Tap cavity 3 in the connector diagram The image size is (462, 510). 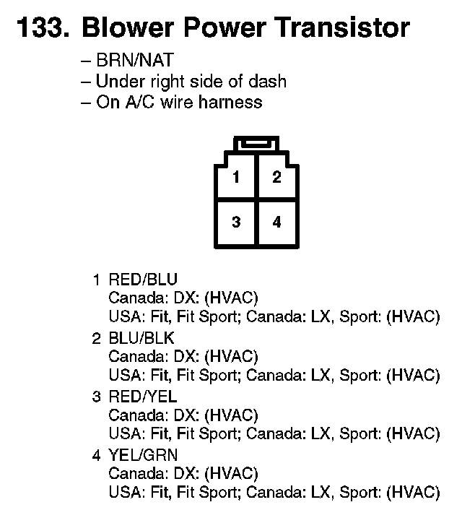pos(236,222)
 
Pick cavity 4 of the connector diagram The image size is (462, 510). pos(276,222)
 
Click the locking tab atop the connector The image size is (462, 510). pos(256,144)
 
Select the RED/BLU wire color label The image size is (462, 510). pos(142,280)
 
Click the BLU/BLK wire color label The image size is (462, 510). pos(141,338)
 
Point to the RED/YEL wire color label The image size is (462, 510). pos(142,397)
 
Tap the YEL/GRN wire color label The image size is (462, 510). pos(142,455)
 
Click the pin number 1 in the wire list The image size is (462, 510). pos(96,280)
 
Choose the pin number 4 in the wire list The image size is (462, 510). pos(96,455)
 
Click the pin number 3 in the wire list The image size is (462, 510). pos(96,397)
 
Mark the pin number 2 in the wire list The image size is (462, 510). pos(96,338)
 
